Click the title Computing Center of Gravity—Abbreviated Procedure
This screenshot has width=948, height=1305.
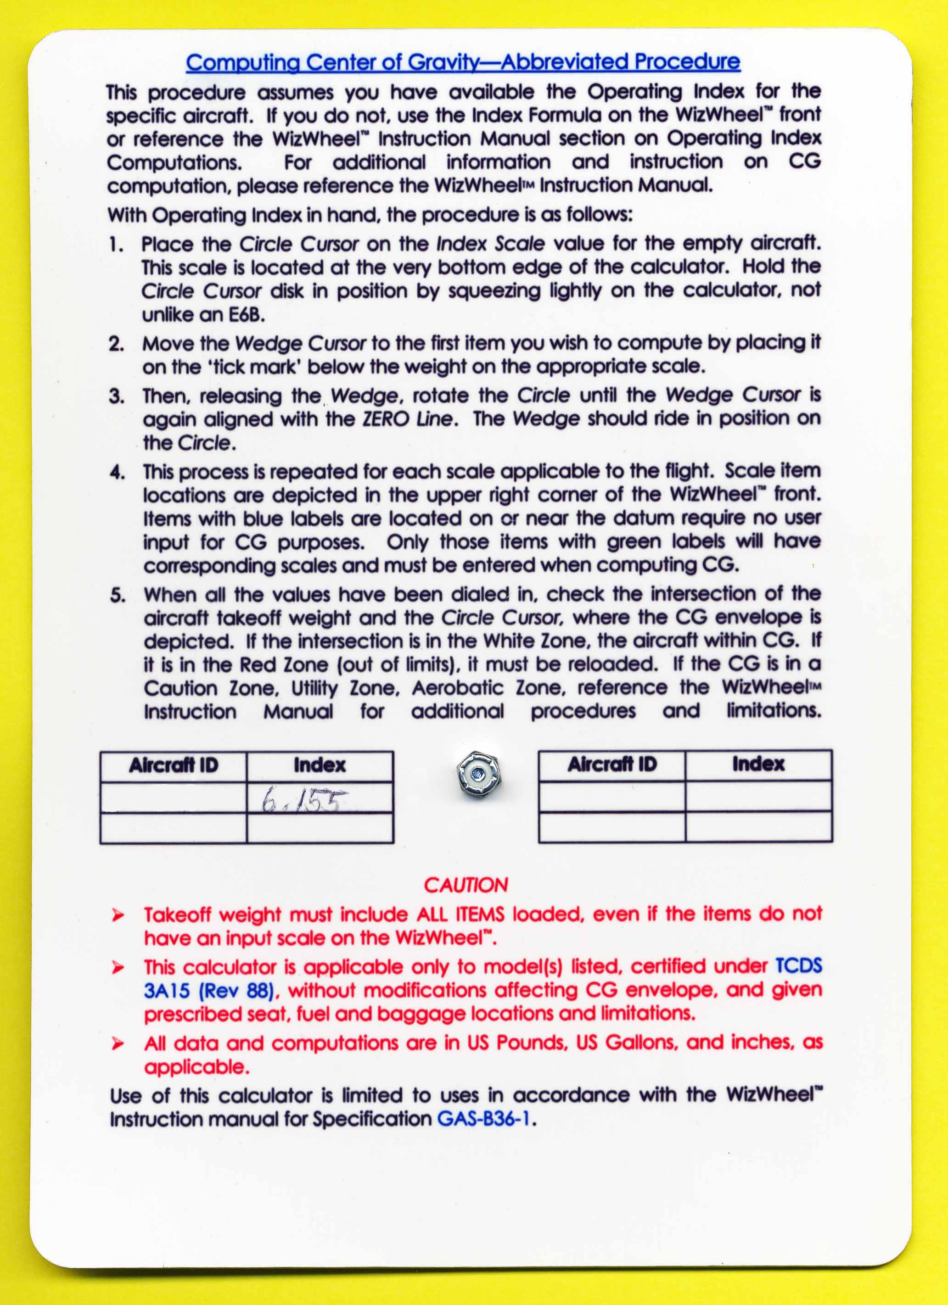[x=463, y=62]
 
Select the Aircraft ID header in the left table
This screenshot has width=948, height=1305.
[x=173, y=765]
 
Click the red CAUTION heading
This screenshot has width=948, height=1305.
[x=466, y=885]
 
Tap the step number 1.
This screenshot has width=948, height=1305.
[x=117, y=245]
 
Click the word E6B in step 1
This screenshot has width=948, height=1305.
[x=244, y=315]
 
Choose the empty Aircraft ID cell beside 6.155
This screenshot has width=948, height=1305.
[x=173, y=797]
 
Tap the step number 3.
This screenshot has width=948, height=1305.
[x=117, y=396]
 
